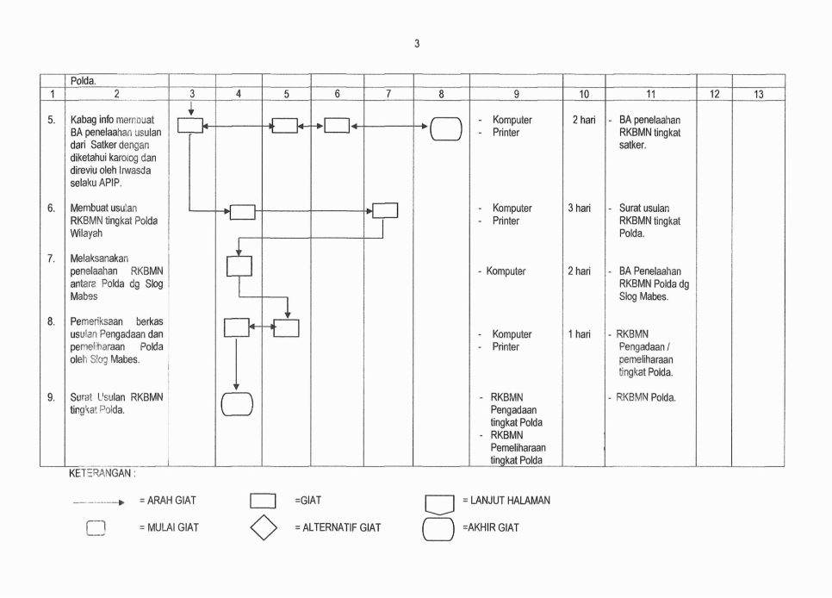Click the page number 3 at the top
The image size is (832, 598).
coord(417,44)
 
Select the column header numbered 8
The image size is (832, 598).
coord(439,95)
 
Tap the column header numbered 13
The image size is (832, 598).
coord(758,95)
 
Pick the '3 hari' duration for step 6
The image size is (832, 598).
coord(583,209)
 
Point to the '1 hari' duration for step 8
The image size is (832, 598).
coord(583,334)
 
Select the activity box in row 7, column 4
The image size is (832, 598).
coord(238,266)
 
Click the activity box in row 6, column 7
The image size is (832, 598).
coord(385,210)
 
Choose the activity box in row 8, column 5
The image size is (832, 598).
coord(286,327)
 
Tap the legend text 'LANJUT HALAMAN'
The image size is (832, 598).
coord(506,500)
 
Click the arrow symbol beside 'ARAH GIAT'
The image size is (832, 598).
coord(103,501)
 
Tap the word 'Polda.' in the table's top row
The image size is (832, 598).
coord(83,81)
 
